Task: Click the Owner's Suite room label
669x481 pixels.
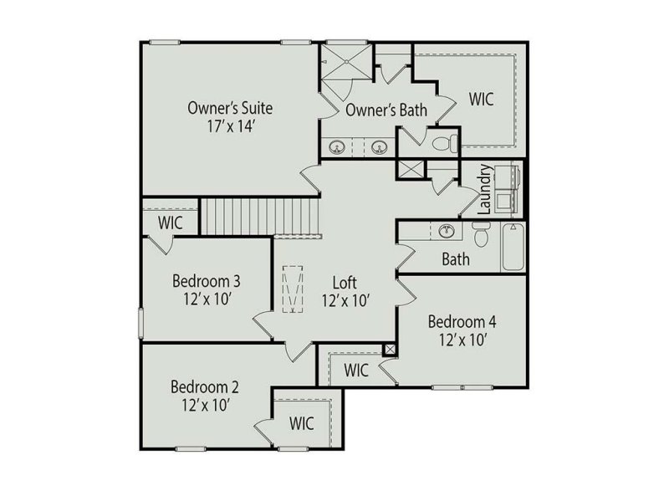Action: tap(230, 108)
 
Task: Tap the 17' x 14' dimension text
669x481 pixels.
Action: tap(230, 128)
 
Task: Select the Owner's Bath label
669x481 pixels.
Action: tap(386, 110)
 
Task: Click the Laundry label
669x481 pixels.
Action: tap(484, 189)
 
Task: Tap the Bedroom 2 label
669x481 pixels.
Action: tap(205, 387)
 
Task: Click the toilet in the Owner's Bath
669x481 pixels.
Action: tap(445, 143)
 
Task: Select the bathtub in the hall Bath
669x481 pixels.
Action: tap(512, 247)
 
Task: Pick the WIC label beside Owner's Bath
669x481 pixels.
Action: tap(481, 100)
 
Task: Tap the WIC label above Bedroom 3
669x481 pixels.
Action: tap(171, 223)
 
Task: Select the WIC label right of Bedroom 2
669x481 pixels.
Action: tap(302, 423)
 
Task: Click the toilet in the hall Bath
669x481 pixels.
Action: tap(480, 238)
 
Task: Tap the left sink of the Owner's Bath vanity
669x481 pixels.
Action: tap(338, 148)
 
